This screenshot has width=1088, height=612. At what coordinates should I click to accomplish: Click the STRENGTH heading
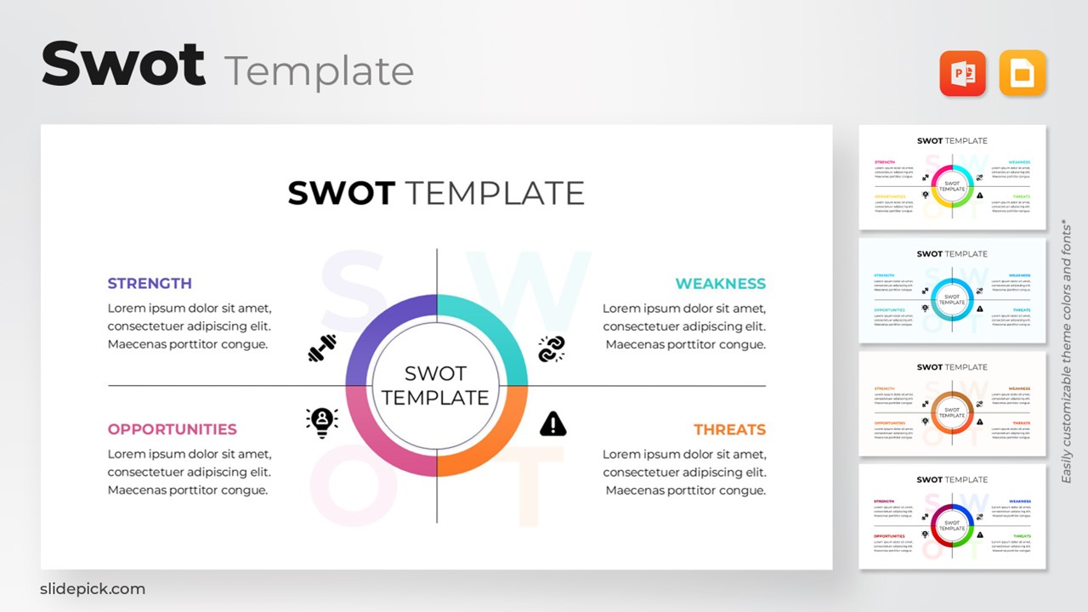tap(150, 284)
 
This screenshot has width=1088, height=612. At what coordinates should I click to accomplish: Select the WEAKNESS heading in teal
tap(720, 284)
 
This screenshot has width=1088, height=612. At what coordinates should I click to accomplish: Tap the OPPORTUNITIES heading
tap(172, 429)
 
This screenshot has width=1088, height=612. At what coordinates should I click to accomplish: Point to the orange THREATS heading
tap(729, 430)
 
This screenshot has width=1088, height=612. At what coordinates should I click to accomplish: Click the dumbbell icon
tap(322, 348)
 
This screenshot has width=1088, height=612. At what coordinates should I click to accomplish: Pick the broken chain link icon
tap(552, 348)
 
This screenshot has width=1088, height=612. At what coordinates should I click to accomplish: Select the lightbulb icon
tap(322, 422)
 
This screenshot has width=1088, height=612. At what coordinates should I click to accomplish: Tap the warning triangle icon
tap(552, 423)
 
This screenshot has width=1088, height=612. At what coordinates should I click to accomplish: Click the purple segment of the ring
tap(374, 327)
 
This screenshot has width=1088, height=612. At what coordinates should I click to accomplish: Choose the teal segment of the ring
tap(500, 327)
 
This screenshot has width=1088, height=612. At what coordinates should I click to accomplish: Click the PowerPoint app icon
tap(962, 74)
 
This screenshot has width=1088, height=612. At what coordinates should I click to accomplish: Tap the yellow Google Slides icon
tap(1023, 74)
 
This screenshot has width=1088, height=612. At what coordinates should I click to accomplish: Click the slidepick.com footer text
tap(93, 589)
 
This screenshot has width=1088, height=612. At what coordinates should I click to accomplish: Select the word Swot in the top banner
tap(123, 64)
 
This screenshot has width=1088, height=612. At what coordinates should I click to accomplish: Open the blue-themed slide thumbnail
tap(952, 291)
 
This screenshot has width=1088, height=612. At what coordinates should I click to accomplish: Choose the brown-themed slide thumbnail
tap(952, 404)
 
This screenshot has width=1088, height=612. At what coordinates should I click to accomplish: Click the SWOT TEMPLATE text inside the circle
tap(436, 385)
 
